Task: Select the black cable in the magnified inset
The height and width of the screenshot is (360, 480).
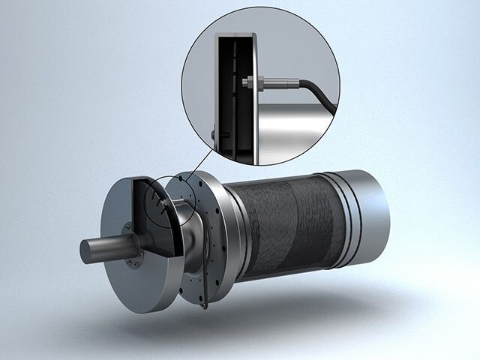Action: point(319,91)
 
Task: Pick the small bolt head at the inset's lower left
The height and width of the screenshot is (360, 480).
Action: point(215,134)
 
